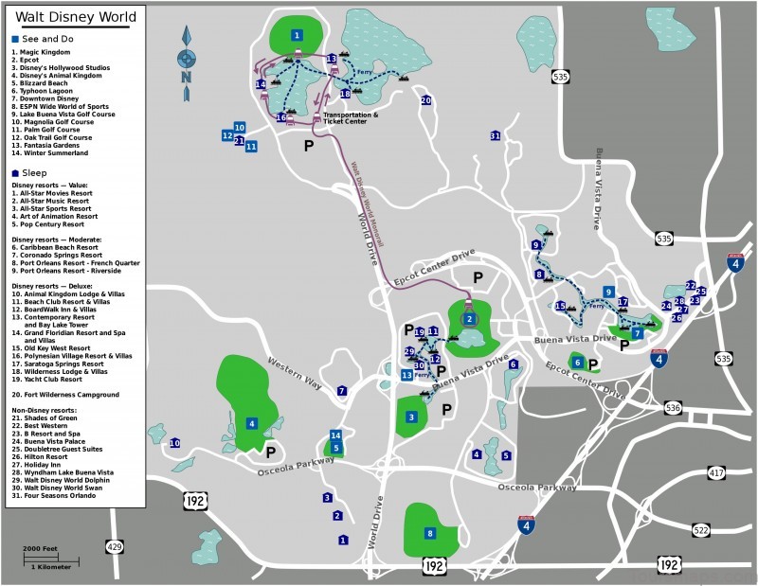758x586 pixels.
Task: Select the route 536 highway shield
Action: click(673, 408)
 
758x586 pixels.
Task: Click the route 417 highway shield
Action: click(716, 471)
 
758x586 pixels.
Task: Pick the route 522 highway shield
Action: click(700, 530)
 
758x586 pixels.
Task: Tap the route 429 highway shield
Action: click(115, 547)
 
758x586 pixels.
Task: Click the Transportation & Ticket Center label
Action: click(351, 118)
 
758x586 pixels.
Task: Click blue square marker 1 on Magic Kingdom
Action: click(298, 35)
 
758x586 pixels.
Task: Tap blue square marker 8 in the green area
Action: click(429, 533)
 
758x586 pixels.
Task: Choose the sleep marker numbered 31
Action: click(495, 136)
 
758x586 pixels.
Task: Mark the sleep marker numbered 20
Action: click(425, 100)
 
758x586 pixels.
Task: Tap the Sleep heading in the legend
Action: click(34, 173)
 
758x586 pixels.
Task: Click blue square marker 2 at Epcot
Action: click(469, 319)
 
